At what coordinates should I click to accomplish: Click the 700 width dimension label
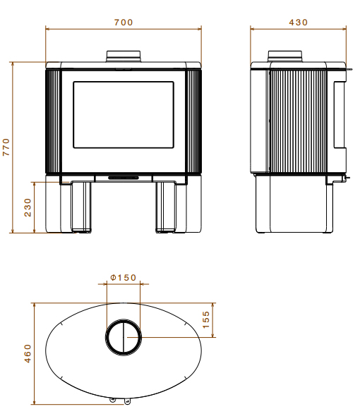[124, 23]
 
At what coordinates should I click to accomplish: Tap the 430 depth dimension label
[299, 23]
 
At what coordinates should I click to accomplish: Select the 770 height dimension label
[6, 147]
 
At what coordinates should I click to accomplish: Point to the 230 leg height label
[28, 207]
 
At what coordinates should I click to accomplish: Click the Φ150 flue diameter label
[124, 277]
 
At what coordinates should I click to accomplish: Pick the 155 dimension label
[205, 319]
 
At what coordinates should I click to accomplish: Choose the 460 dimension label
[28, 354]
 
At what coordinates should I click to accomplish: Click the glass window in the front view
[124, 115]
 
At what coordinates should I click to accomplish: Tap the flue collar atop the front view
[124, 56]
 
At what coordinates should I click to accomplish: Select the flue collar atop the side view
[285, 56]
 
